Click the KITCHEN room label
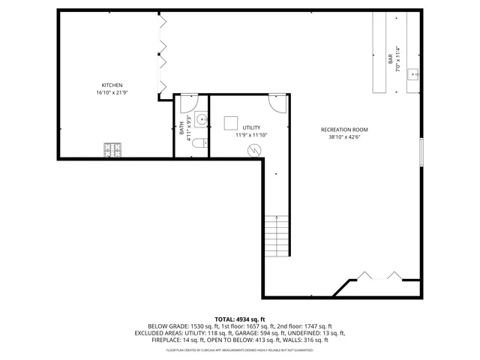(x=112, y=85)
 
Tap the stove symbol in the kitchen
(x=113, y=150)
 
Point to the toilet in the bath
(x=199, y=142)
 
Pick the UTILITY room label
(x=250, y=127)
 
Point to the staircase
(x=277, y=235)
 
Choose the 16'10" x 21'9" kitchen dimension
(x=112, y=93)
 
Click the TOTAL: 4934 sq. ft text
(x=240, y=319)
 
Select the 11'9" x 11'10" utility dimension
(x=250, y=136)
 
